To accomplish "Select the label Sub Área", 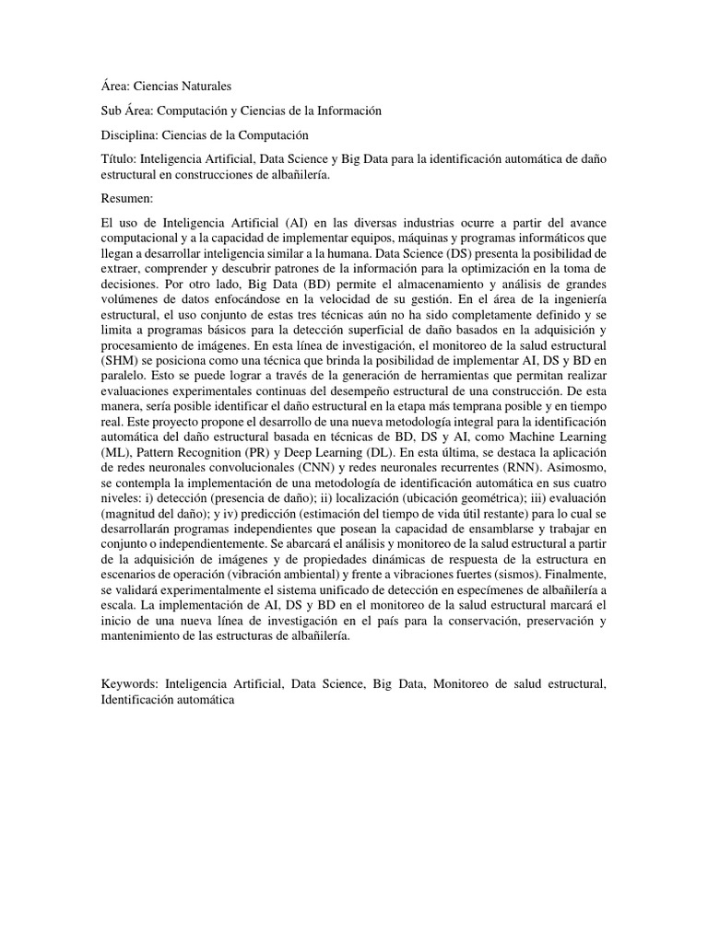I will tap(124, 111).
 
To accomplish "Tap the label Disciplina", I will tap(124, 134).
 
